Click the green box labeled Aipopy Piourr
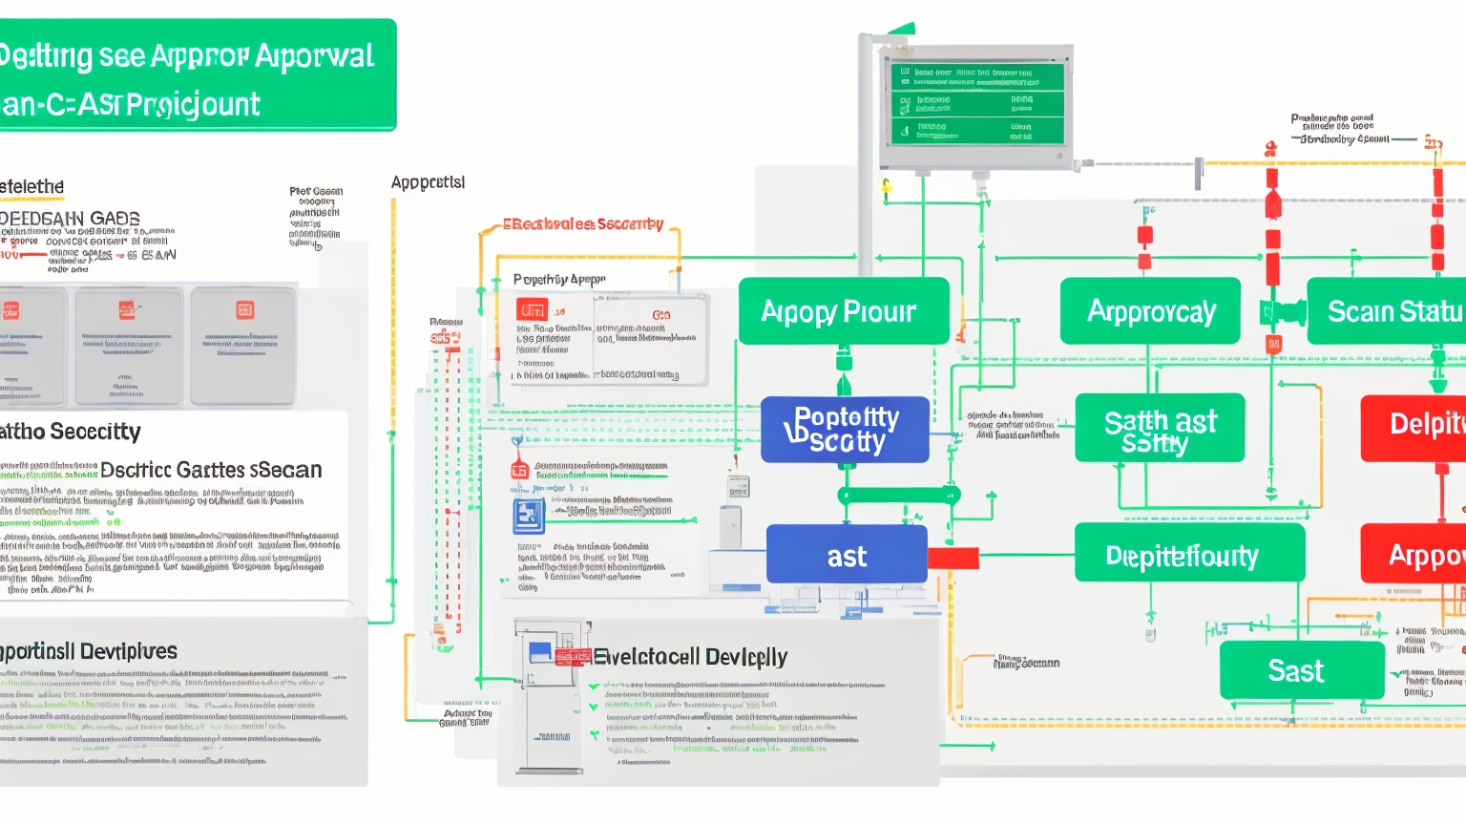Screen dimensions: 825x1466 [x=843, y=311]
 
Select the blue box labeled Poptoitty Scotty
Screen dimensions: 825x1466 [x=845, y=430]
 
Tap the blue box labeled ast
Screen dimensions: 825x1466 [x=847, y=555]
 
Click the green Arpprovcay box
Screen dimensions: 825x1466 [x=1150, y=311]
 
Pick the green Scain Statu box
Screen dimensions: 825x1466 [x=1389, y=311]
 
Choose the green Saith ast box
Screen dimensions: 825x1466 [x=1160, y=429]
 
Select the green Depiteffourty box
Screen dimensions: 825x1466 [x=1188, y=554]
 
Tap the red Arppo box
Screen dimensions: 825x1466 [x=1414, y=554]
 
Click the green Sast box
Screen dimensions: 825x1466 [x=1301, y=670]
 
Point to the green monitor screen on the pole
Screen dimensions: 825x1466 [x=976, y=104]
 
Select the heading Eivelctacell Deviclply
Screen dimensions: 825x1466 [x=690, y=657]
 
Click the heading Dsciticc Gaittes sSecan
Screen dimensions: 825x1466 [x=211, y=470]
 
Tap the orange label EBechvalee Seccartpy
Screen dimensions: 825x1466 [x=583, y=224]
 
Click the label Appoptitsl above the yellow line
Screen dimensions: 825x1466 [x=428, y=181]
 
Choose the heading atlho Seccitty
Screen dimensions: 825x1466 [x=71, y=432]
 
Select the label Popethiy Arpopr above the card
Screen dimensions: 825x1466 [x=559, y=280]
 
